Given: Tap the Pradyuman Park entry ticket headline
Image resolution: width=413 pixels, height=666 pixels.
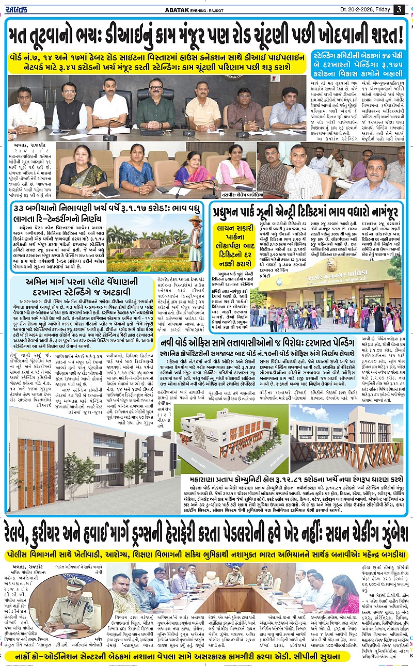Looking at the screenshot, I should pos(306,212).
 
